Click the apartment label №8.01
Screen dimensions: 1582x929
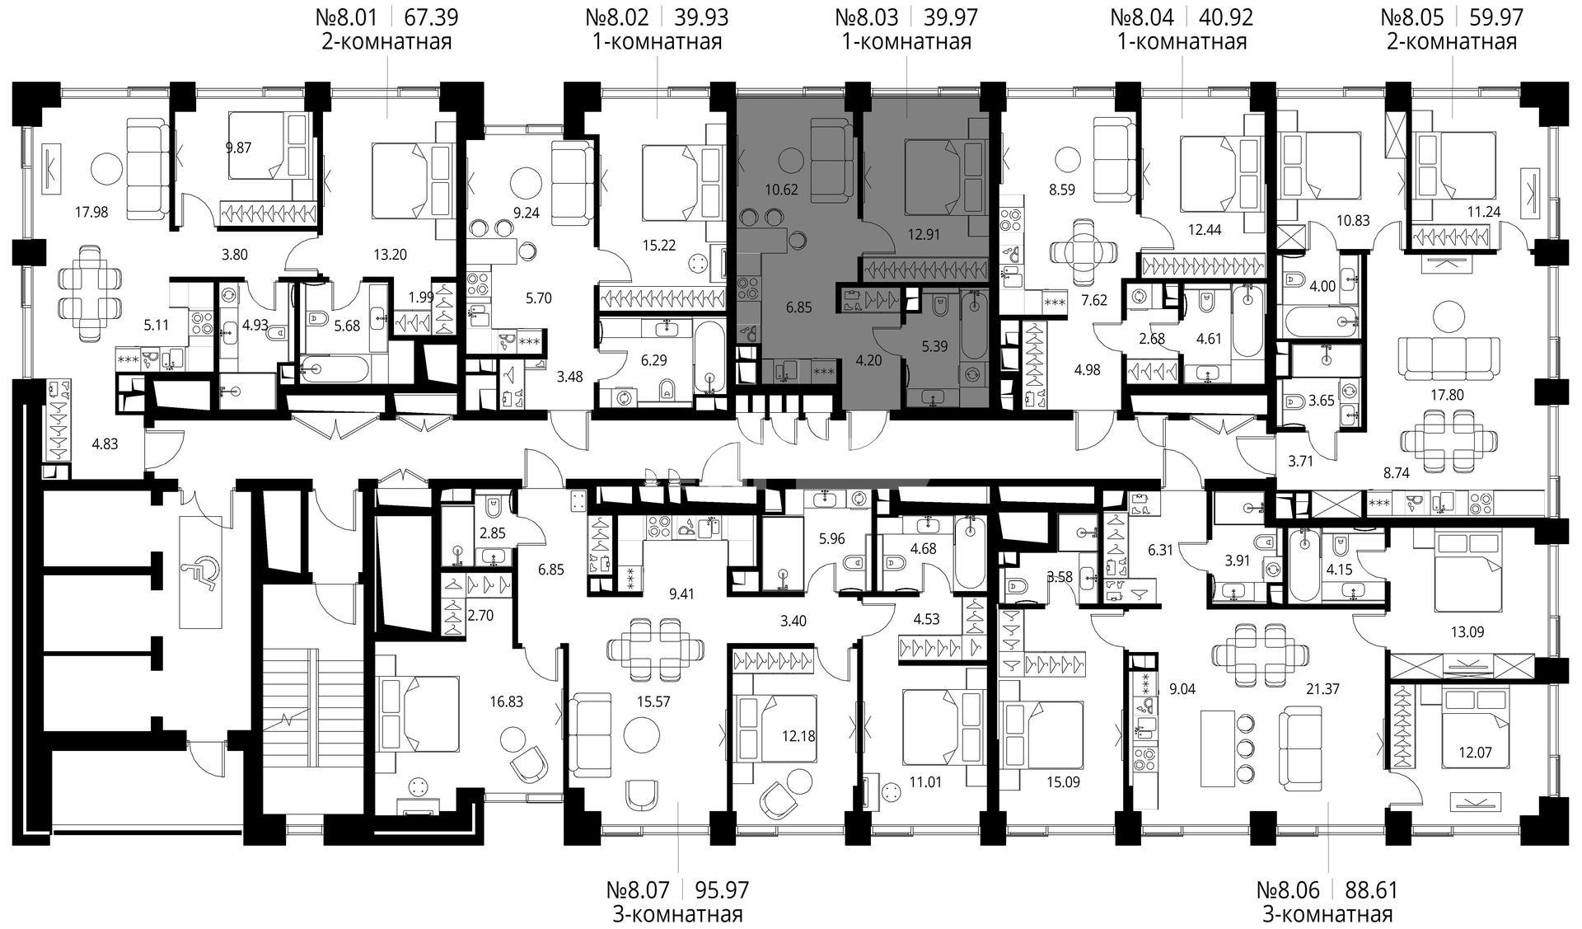pos(348,16)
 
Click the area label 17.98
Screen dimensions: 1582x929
pos(91,212)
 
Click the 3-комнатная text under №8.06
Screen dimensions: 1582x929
pos(1327,914)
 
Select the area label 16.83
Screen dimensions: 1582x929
pos(507,702)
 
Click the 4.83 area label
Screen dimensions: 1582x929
pos(105,443)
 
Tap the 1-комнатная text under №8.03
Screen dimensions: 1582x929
pos(906,41)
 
